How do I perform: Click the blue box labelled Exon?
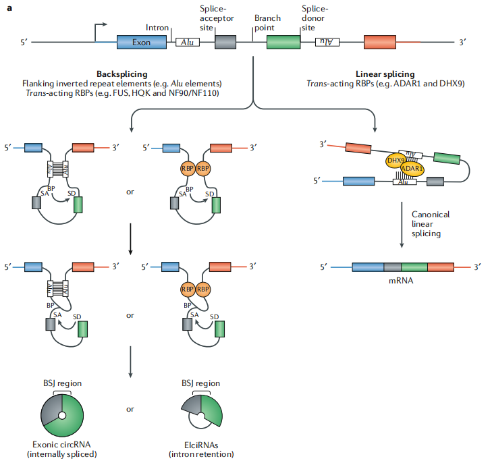142,42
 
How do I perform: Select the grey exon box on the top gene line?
225,42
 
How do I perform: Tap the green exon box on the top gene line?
283,42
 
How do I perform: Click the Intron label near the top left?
157,27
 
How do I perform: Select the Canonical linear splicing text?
431,223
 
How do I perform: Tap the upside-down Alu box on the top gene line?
327,42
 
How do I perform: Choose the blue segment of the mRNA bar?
368,267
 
